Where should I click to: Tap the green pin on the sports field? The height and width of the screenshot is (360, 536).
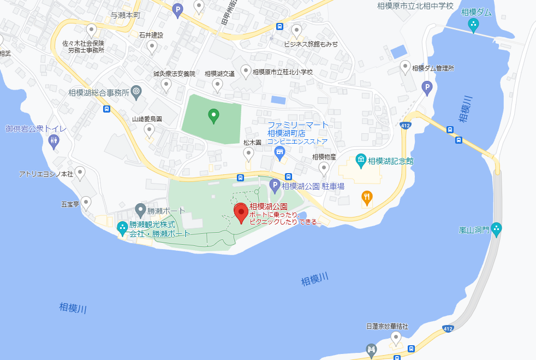(213, 115)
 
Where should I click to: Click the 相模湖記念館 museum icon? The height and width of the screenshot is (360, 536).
(361, 161)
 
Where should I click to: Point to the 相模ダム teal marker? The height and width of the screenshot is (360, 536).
(473, 24)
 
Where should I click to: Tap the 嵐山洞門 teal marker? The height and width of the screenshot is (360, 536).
(496, 229)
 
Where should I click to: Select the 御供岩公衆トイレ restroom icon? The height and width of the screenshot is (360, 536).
(53, 141)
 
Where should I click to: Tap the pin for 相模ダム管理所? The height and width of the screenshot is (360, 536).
(406, 67)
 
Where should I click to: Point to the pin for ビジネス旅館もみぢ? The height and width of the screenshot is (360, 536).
(296, 31)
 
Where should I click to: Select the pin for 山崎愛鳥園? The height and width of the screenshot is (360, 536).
(149, 130)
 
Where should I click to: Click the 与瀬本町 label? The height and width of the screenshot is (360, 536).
(126, 15)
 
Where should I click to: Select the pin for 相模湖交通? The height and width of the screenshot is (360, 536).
(218, 84)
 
